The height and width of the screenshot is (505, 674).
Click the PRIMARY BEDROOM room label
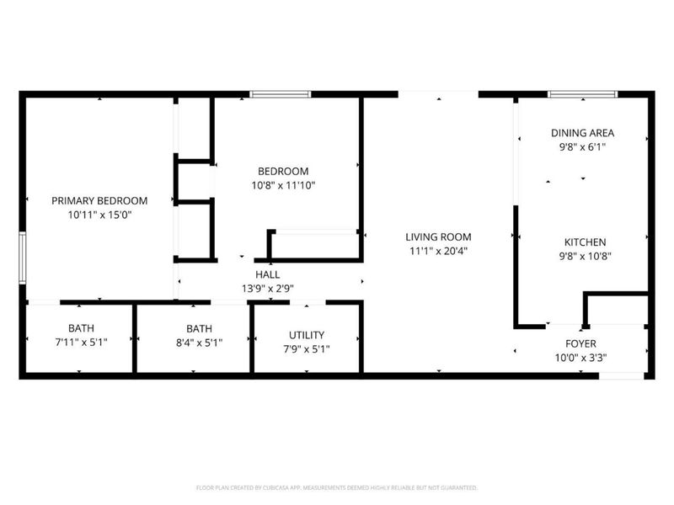[x=99, y=200]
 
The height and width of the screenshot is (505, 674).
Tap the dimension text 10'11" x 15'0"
[x=99, y=215]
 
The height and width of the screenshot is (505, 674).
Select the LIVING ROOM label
[x=437, y=237]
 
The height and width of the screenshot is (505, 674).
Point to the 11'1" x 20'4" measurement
[x=437, y=251]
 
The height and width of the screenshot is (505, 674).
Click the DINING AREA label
[x=582, y=132]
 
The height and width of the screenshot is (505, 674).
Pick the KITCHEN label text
[x=582, y=242]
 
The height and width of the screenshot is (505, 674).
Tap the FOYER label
[x=580, y=343]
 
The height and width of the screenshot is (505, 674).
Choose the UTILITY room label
[x=306, y=335]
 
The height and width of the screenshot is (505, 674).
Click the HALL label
[x=268, y=274]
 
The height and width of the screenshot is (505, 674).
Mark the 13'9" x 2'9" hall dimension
[x=268, y=288]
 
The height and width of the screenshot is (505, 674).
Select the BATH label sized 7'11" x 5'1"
[x=81, y=328]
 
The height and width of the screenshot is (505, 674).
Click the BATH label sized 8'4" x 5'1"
[x=199, y=328]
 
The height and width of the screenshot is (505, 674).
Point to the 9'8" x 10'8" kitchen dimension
[x=582, y=257]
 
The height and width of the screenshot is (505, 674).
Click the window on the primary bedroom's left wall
[x=23, y=261]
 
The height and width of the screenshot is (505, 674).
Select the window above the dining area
[x=582, y=94]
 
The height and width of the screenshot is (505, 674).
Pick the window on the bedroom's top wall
[x=281, y=94]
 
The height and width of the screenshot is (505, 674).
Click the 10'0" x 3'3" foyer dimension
[x=580, y=357]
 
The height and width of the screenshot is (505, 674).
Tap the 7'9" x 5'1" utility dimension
[x=306, y=348]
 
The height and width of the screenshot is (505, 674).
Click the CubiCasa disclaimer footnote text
[x=337, y=487]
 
